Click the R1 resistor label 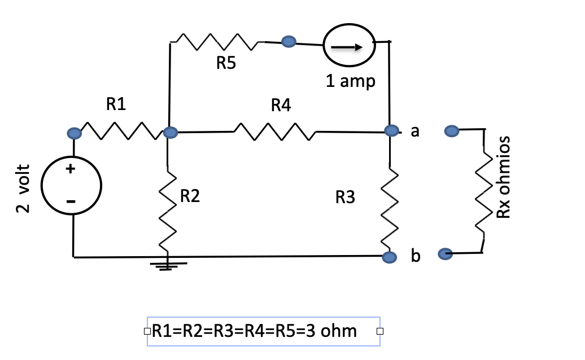pyautogui.click(x=116, y=104)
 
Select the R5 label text pyautogui.click(x=226, y=64)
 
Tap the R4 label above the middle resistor pyautogui.click(x=281, y=105)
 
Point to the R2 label pyautogui.click(x=190, y=196)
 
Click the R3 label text pyautogui.click(x=345, y=197)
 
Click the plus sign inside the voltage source pyautogui.click(x=71, y=169)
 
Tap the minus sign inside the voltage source pyautogui.click(x=71, y=201)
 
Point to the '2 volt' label pyautogui.click(x=23, y=188)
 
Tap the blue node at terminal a pyautogui.click(x=391, y=131)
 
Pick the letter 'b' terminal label pyautogui.click(x=416, y=257)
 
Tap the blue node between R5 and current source pyautogui.click(x=289, y=41)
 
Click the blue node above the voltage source pyautogui.click(x=74, y=133)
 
